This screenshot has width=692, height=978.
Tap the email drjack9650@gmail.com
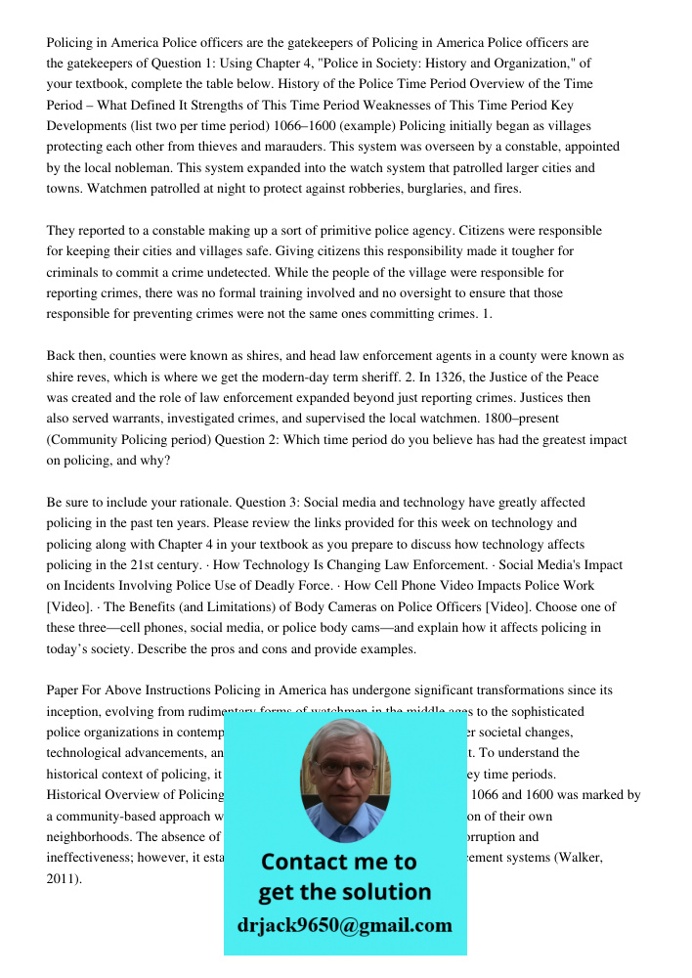click(344, 924)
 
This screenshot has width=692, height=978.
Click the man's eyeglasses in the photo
click(344, 769)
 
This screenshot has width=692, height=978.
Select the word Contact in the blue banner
click(303, 862)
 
